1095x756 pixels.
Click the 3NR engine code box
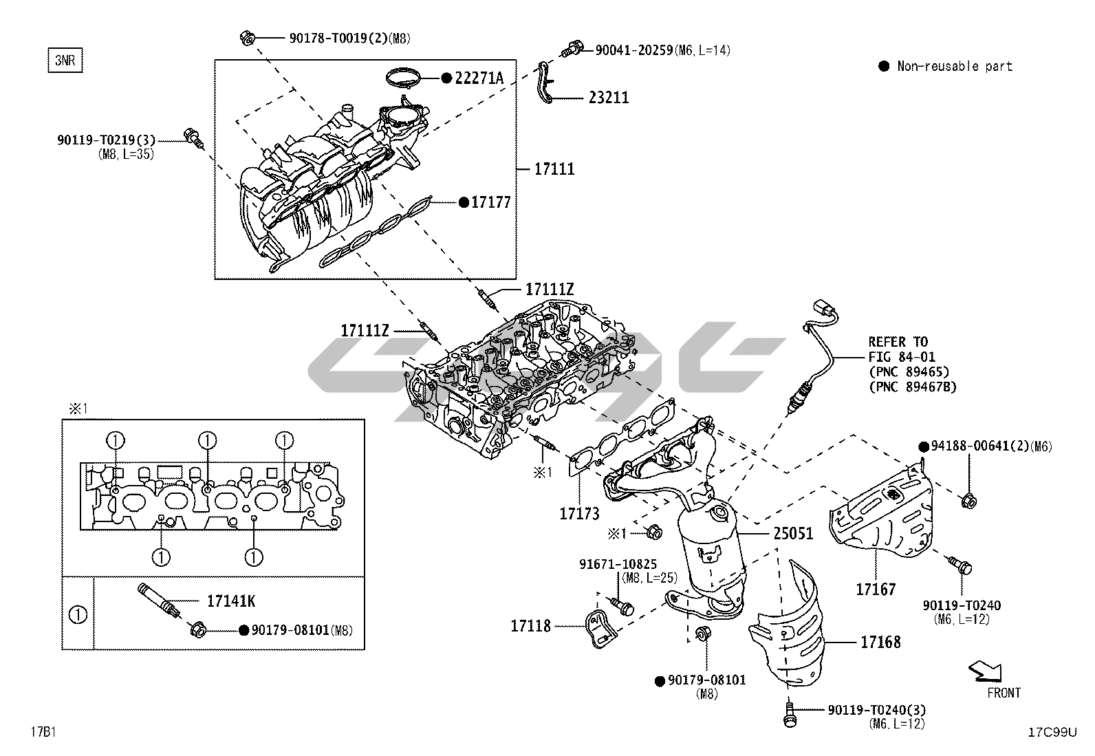click(64, 61)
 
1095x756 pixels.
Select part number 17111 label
click(554, 169)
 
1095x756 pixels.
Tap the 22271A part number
click(479, 78)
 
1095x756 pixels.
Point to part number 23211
click(609, 98)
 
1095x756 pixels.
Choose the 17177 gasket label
click(491, 203)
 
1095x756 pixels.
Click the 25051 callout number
click(793, 534)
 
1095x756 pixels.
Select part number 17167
click(876, 590)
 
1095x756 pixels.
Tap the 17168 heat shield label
click(880, 642)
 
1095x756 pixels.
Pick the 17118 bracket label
click(530, 626)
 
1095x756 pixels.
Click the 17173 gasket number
click(579, 514)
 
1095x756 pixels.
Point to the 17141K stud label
click(231, 601)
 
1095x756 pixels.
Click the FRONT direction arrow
click(985, 670)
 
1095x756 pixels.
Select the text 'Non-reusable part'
click(955, 67)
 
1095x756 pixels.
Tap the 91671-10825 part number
click(618, 565)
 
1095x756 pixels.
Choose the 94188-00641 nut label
click(975, 446)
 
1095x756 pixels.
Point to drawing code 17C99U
click(1052, 733)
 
